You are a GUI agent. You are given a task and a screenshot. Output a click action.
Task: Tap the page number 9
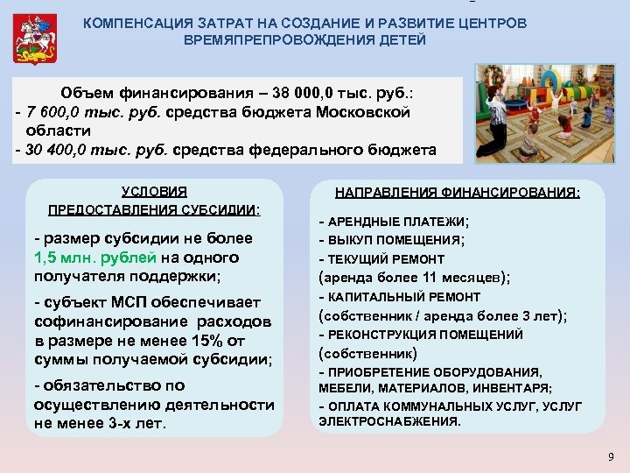[x=611, y=457]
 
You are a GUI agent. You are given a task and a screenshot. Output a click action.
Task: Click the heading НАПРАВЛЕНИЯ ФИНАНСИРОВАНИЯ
[x=458, y=193]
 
